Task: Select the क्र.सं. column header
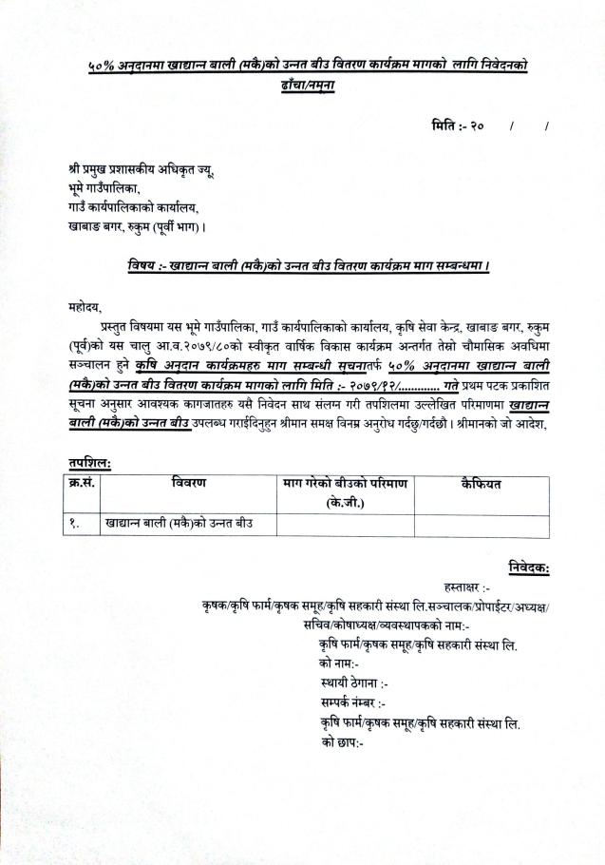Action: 83,484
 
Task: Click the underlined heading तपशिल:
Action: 89,462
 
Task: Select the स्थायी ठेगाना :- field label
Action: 355,682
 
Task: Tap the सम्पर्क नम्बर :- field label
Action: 353,702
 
